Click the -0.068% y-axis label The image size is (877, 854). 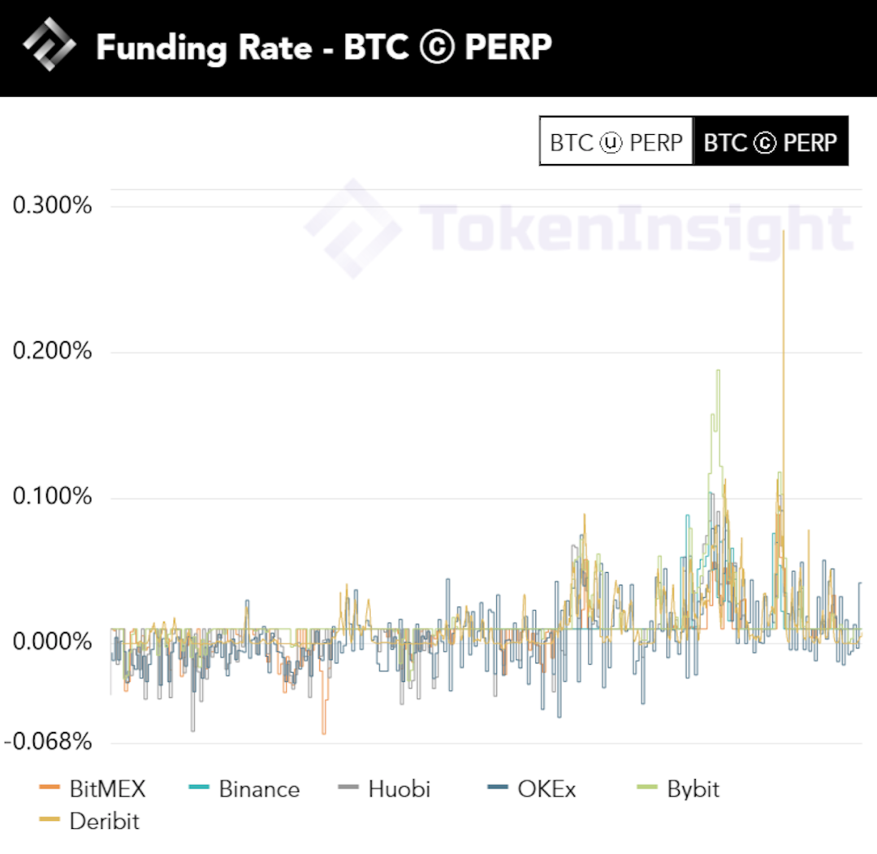tap(49, 741)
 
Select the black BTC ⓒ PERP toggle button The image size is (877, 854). tap(770, 142)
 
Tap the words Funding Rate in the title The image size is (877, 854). tap(204, 48)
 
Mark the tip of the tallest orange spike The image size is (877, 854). tap(784, 232)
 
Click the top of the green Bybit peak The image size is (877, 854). tap(718, 371)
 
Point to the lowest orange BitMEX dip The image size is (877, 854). tap(323, 733)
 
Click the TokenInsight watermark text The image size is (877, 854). tap(633, 228)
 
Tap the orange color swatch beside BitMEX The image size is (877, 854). tap(50, 787)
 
